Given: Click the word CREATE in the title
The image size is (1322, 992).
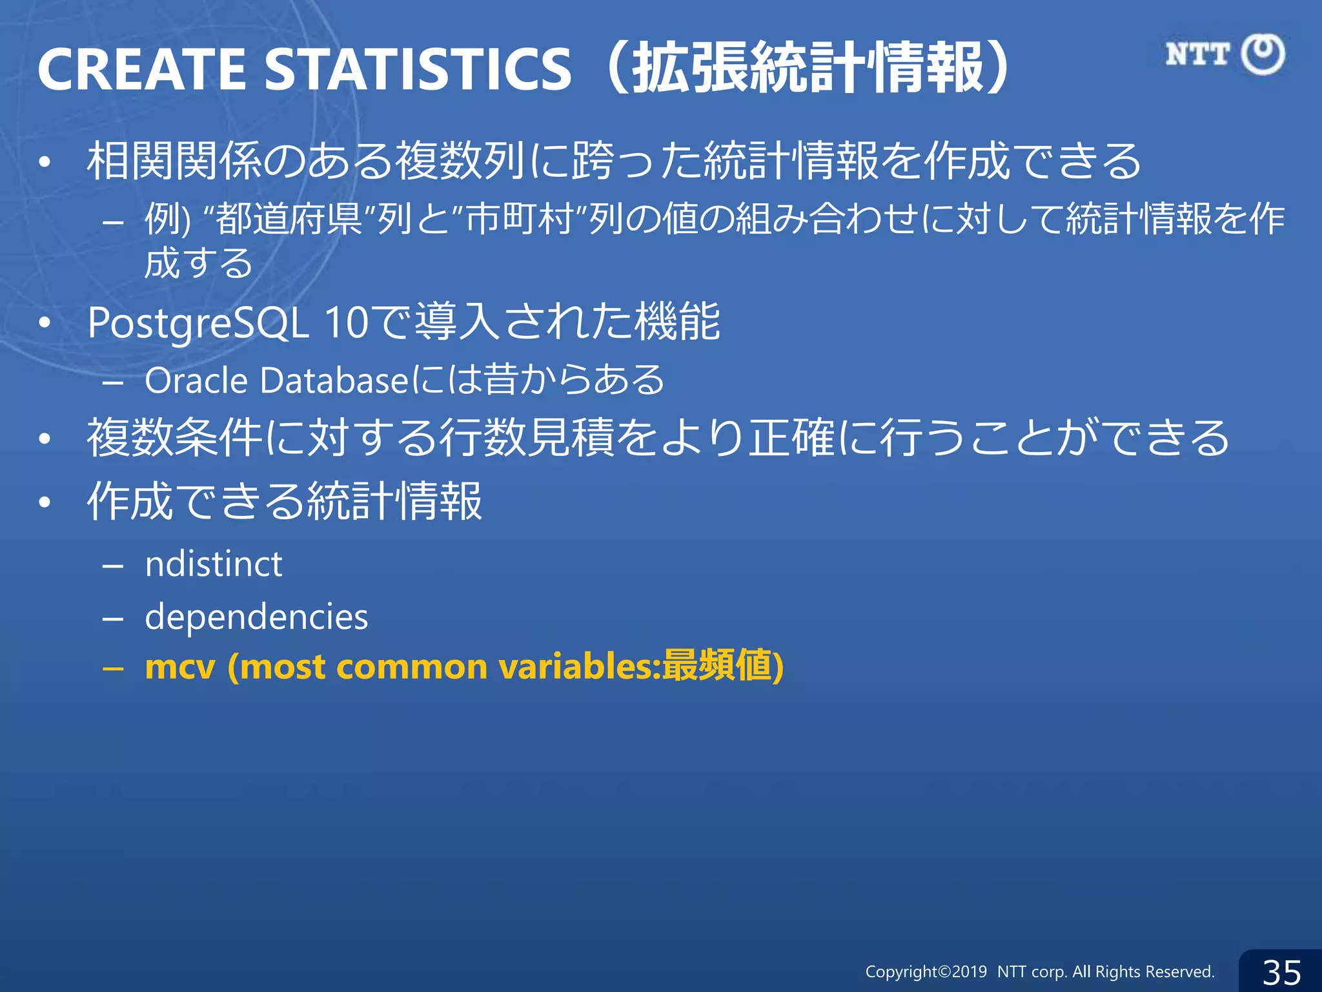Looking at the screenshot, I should click(142, 68).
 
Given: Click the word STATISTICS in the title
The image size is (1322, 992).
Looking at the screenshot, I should click(418, 68).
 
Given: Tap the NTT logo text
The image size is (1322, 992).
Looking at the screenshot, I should click(1197, 54).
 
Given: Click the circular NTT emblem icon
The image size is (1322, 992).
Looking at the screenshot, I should click(1263, 54).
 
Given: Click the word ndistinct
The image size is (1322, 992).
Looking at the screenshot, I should click(214, 564).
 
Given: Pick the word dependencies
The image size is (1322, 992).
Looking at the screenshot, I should click(256, 617).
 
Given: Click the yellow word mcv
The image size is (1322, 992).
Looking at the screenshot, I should click(180, 667).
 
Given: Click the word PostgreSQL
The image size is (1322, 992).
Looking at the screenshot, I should click(198, 323).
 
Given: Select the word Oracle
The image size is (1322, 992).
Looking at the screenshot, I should click(196, 380).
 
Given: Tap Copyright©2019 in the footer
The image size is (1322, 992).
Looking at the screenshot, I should click(926, 971).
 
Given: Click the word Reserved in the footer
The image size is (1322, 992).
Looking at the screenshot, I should click(1181, 971).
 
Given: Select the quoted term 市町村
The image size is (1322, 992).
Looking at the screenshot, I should click(520, 219).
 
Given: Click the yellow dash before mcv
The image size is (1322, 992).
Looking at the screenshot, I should click(113, 668).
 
